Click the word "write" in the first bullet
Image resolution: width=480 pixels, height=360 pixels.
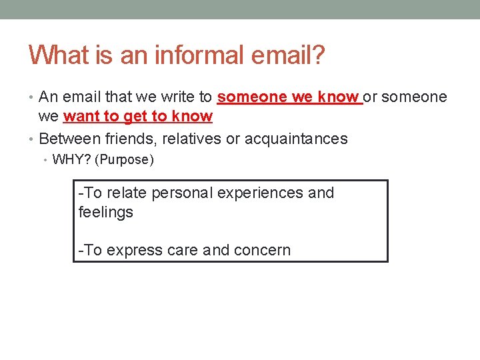(x=176, y=97)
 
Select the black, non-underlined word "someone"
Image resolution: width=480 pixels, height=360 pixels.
(x=415, y=97)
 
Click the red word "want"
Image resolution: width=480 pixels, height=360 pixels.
(x=81, y=117)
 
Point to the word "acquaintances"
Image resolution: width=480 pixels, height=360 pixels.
(x=296, y=139)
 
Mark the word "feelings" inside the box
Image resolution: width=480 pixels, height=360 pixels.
(x=105, y=213)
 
